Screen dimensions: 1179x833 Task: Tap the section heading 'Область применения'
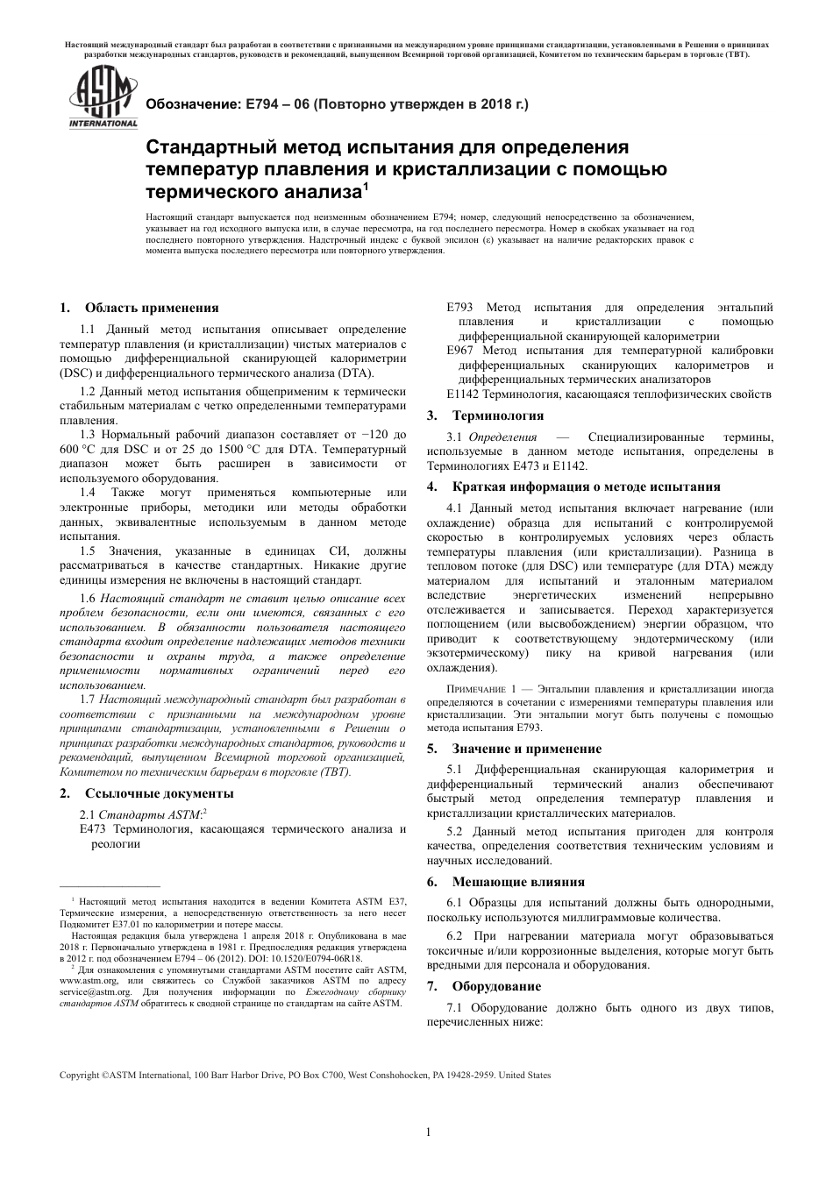(152, 308)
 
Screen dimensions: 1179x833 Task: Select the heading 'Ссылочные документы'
(159, 793)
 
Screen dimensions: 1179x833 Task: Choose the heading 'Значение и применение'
(526, 749)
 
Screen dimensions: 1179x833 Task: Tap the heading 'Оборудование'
(496, 986)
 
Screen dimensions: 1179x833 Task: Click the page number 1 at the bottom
(428, 1132)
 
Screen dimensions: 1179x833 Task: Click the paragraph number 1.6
(88, 597)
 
